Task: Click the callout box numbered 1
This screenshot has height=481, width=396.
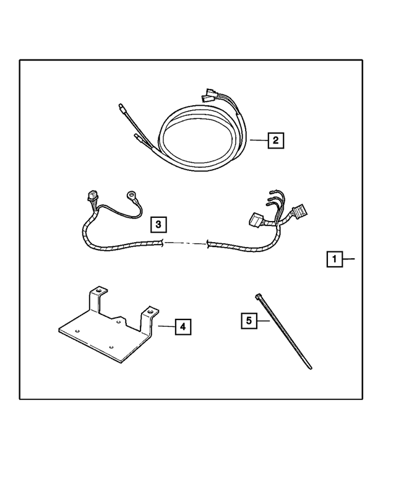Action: pos(334,259)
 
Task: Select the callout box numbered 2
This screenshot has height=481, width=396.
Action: pos(275,141)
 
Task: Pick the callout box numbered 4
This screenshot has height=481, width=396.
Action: pos(183,326)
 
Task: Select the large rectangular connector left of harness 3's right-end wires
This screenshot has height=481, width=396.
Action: pos(256,220)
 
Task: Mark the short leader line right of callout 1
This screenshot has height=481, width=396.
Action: pos(348,259)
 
